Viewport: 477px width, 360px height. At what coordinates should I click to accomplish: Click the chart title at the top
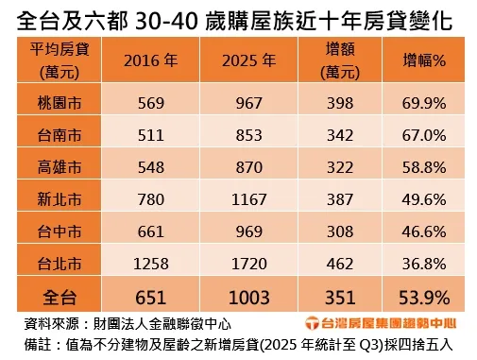point(238,18)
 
